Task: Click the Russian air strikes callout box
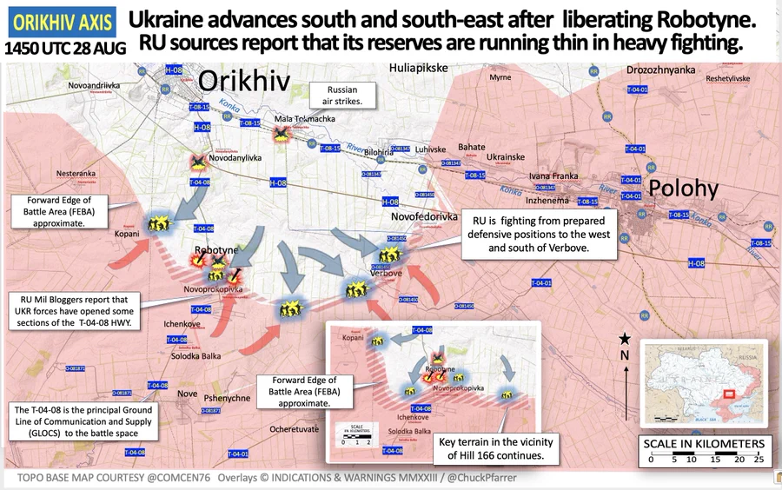coord(341,96)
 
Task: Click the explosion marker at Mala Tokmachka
coord(282,135)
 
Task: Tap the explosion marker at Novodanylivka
coord(198,162)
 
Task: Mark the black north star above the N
coord(624,338)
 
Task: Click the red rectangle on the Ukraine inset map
coord(729,394)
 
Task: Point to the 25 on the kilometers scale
coord(758,460)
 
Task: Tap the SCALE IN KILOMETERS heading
coord(704,444)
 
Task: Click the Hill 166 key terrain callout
coord(491,449)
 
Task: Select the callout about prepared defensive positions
coord(538,235)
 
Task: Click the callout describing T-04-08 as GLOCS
coord(83,421)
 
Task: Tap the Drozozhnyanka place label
coord(660,70)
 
